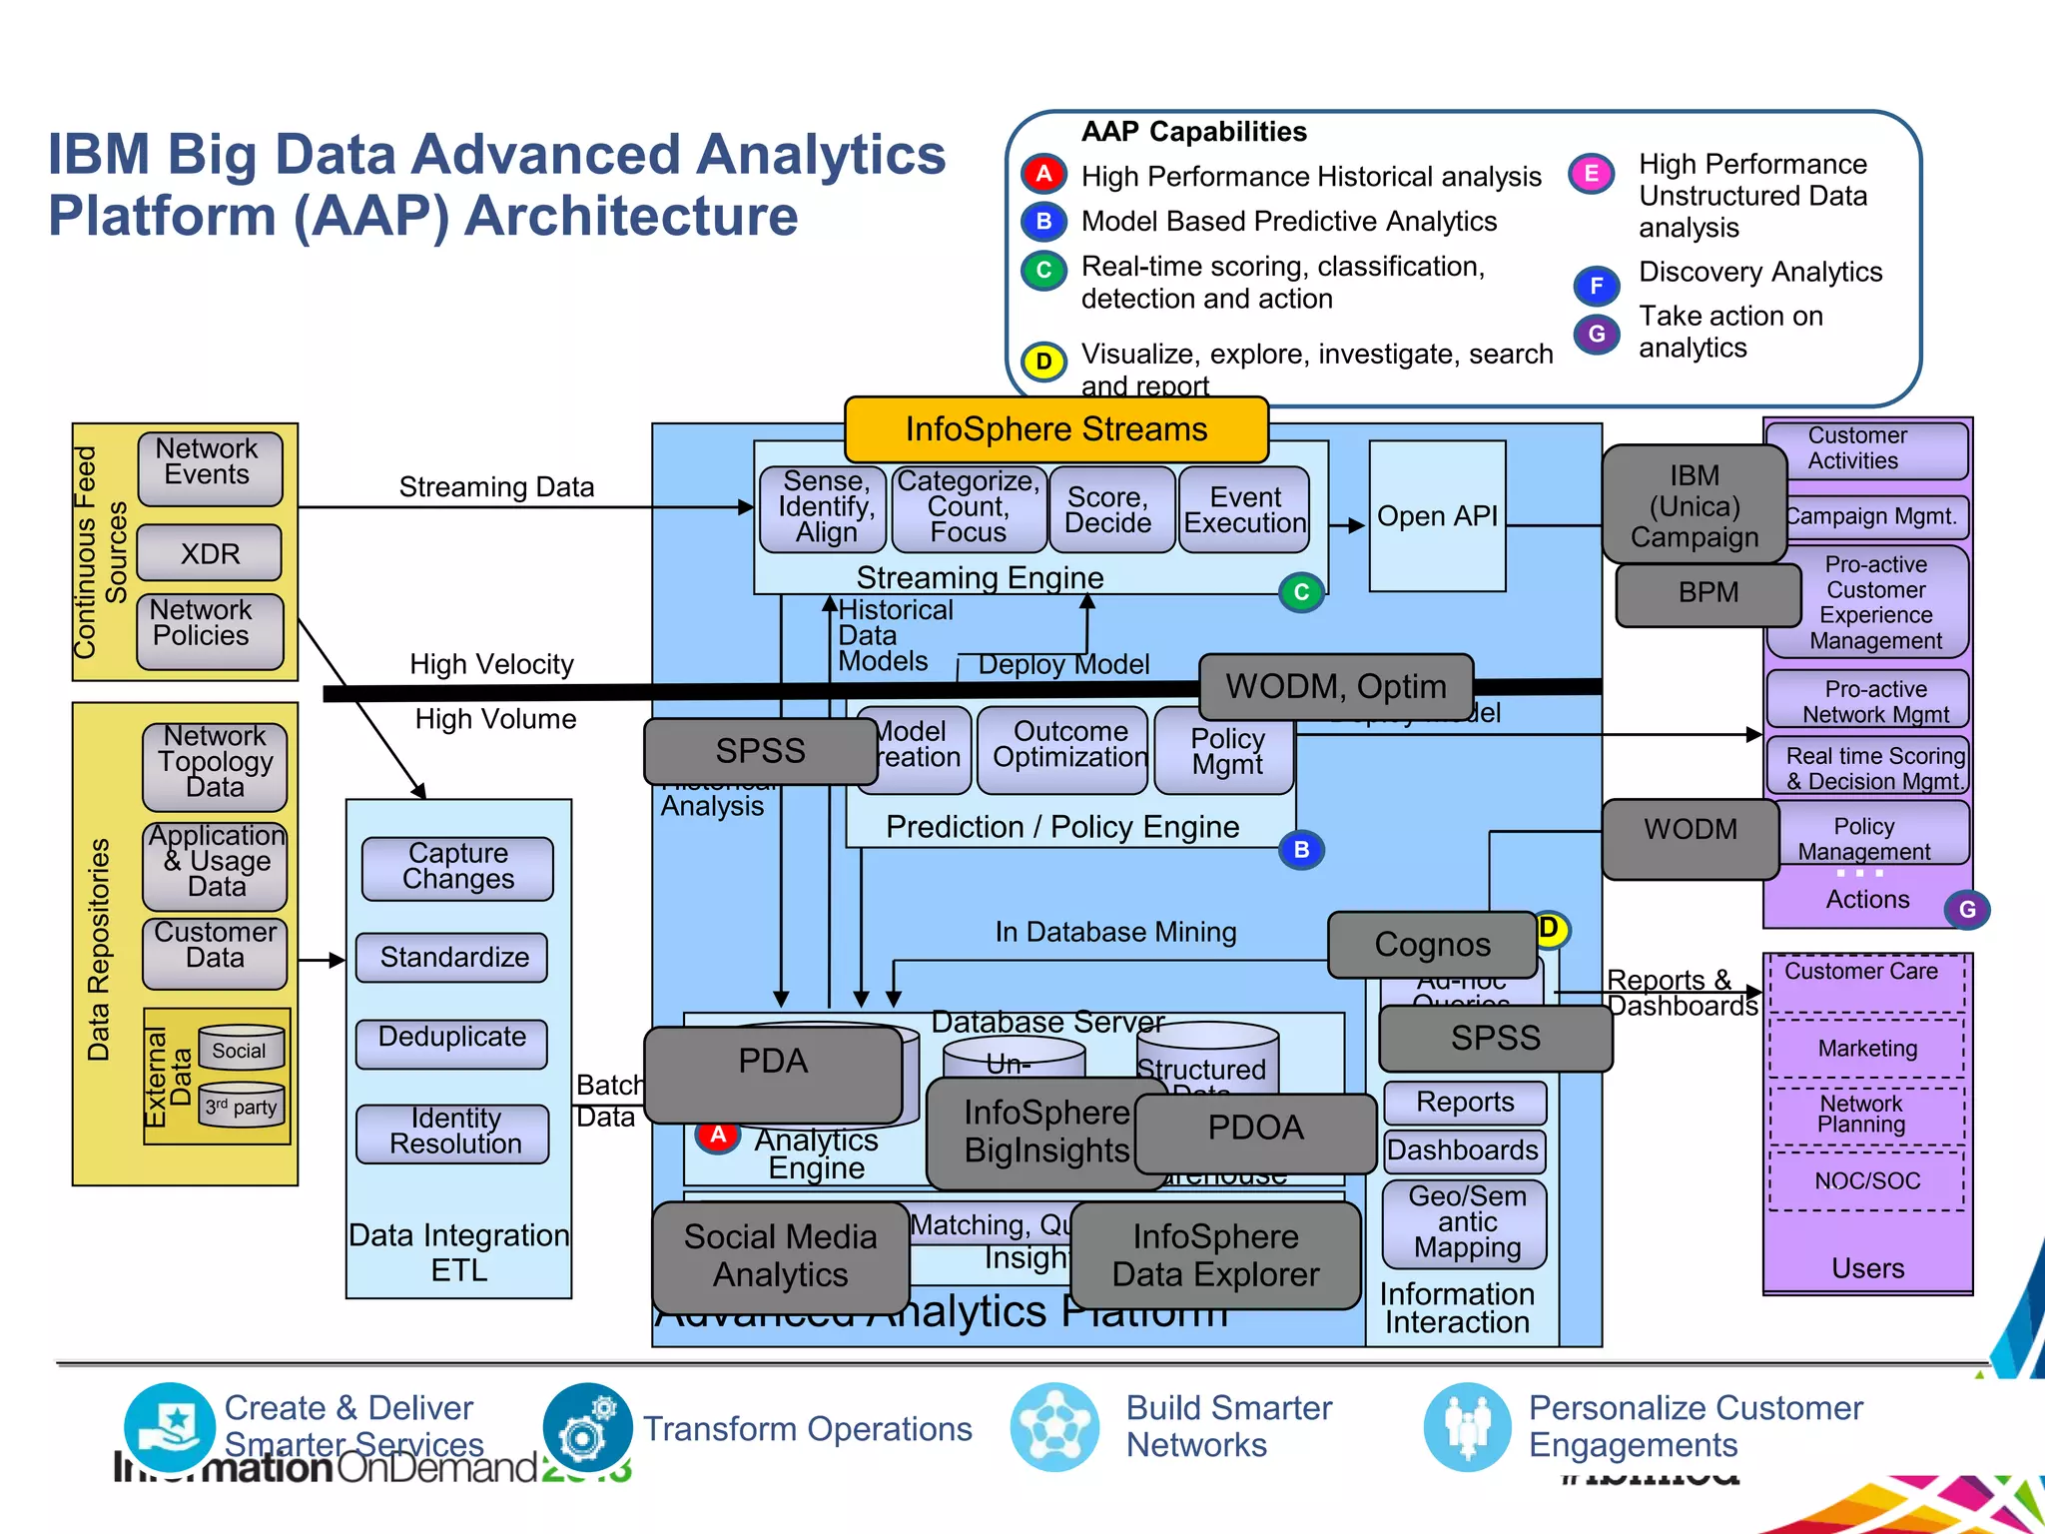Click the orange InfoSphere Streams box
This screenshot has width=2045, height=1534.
coord(1055,429)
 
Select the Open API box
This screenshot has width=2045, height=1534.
coord(1437,516)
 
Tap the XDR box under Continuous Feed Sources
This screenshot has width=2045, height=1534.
coord(210,553)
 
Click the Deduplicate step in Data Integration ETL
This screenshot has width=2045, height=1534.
coord(451,1039)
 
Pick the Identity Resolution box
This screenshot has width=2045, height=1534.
coord(453,1132)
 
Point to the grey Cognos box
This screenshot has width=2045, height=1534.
coord(1432,944)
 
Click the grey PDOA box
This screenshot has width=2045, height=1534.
coord(1255,1130)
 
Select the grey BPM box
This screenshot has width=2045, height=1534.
coord(1707,593)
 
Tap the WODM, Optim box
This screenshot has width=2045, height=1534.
coord(1335,687)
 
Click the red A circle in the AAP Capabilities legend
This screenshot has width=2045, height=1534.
coord(1043,175)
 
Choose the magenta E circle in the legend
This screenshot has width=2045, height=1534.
coord(1591,175)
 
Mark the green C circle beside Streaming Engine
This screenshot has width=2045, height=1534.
coord(1301,592)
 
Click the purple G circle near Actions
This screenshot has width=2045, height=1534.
coord(1966,910)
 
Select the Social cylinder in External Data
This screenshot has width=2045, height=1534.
coord(241,1049)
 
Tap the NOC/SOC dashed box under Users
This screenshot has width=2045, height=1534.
coord(1866,1180)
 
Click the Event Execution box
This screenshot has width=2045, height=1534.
coord(1244,510)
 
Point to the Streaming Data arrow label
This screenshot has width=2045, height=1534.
coord(496,487)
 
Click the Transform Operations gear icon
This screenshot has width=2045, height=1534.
coord(587,1428)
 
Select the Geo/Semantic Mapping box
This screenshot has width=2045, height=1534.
coord(1466,1222)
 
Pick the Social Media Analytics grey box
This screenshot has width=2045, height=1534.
coord(780,1256)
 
